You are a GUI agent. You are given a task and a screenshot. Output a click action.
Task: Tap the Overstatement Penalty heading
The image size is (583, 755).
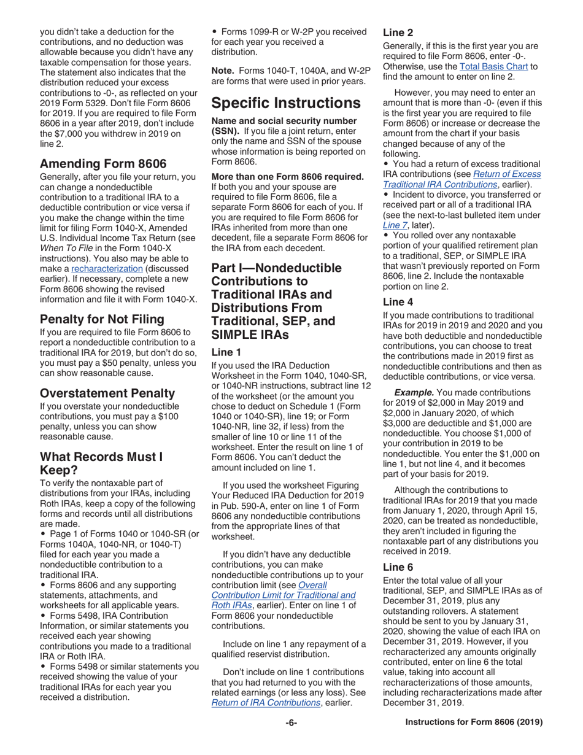[x=107, y=392]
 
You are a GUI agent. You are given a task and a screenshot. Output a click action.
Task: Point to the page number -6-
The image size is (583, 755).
[x=291, y=722]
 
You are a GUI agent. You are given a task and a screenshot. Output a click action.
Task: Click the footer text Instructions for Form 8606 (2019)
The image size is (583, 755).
[x=474, y=722]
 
